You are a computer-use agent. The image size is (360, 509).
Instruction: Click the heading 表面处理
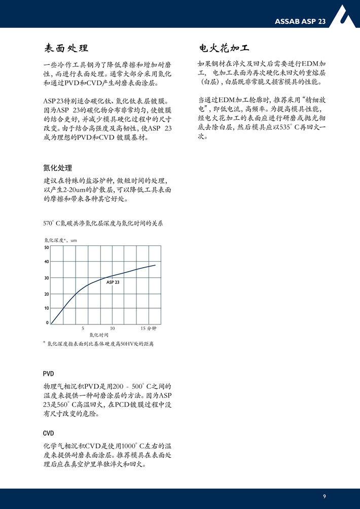(66, 49)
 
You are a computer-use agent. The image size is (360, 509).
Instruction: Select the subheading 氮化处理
(58, 168)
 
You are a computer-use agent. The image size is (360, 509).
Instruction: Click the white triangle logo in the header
(347, 17)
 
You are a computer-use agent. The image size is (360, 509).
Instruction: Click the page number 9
(325, 496)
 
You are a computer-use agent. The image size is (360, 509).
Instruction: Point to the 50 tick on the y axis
(46, 247)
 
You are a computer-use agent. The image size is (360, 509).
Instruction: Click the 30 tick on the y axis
(46, 278)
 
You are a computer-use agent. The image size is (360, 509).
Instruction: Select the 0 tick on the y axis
(47, 322)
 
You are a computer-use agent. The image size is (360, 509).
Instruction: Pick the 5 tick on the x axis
(83, 329)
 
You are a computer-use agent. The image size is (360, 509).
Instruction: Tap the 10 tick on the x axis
(112, 329)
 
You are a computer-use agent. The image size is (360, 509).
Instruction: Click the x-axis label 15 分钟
(151, 329)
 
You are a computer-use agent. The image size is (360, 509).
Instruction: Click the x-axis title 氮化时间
(99, 335)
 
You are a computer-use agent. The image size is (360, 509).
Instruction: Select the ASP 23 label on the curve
(113, 282)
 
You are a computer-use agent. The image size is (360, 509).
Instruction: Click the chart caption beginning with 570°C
(103, 223)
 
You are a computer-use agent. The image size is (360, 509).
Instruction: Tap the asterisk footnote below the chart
(98, 344)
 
